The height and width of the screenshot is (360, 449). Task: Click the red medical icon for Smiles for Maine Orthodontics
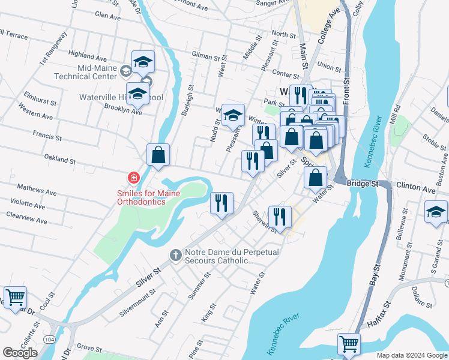[x=133, y=178]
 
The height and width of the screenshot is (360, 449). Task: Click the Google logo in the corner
[x=20, y=352]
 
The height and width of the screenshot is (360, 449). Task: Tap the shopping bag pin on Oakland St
[x=158, y=155]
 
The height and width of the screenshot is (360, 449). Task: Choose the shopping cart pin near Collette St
[x=15, y=296]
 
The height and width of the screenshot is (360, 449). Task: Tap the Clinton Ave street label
[x=418, y=188]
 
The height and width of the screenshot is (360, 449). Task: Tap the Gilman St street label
[x=205, y=56]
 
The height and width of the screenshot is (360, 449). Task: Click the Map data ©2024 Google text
[x=411, y=355]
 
